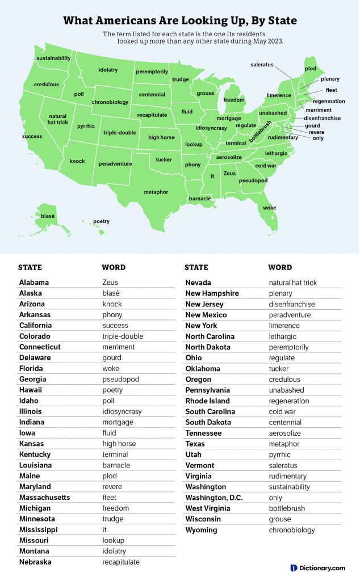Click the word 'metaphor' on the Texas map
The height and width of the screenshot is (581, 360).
pos(156,192)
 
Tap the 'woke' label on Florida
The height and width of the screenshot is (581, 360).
pos(269,208)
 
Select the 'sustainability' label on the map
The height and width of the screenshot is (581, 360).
pos(53,58)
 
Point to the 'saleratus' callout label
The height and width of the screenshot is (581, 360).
pos(262,65)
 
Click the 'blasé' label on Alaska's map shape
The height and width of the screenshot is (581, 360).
pos(48,216)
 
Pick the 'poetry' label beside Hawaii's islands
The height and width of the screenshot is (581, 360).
pos(101,221)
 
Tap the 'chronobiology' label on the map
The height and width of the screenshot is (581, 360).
pos(110,102)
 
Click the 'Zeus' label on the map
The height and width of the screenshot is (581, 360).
pos(229,173)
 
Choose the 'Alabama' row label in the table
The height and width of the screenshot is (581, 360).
pos(34,283)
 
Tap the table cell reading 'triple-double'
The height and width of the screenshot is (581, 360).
pos(123,336)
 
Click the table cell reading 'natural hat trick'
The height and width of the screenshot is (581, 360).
pos(293,283)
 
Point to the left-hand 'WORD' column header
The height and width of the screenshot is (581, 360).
pos(114,267)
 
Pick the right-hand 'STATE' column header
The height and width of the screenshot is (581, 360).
pos(196,267)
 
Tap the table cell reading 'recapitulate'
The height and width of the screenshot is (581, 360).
pos(121,562)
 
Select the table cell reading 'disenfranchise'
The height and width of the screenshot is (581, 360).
pos(292,304)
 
